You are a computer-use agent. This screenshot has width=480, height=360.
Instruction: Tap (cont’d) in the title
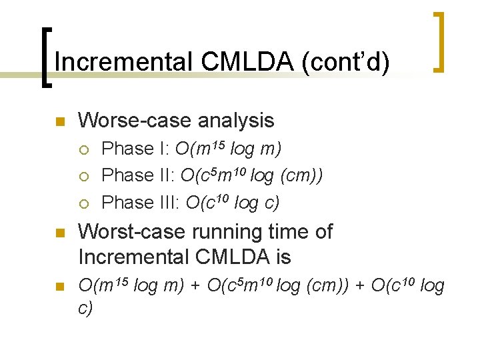click(346, 62)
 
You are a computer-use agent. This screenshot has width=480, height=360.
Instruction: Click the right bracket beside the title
click(437, 41)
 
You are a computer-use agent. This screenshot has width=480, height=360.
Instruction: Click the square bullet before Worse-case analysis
click(59, 122)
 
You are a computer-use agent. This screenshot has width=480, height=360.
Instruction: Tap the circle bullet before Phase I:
click(85, 149)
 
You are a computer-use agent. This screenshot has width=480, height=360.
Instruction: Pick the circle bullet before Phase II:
click(85, 176)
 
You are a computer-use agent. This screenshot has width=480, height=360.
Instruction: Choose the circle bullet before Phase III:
click(85, 203)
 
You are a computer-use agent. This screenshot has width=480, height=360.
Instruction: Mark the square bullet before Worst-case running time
click(59, 234)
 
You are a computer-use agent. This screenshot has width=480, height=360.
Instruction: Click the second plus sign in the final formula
click(359, 287)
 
